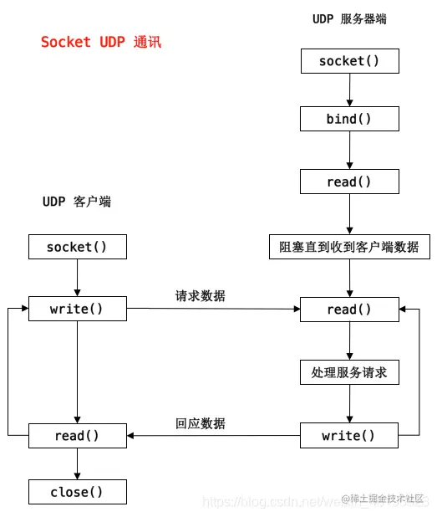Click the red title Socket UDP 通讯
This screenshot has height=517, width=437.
101,42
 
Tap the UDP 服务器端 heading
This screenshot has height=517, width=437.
349,18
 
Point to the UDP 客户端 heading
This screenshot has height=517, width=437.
77,202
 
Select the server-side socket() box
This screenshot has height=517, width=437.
349,61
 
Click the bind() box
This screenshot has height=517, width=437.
349,119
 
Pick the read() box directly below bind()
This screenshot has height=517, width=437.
349,182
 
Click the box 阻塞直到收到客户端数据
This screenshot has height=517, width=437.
349,247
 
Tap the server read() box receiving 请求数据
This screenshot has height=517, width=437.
349,310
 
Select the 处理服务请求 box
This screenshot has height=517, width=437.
349,372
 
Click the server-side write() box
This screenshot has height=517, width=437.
349,436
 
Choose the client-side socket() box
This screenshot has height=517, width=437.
77,247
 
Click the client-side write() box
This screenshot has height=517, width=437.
77,309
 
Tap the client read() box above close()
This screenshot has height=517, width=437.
77,436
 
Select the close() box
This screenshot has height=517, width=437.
77,492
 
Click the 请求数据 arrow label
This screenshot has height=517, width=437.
200,296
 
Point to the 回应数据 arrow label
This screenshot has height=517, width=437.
200,423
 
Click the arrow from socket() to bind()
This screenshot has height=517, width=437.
349,90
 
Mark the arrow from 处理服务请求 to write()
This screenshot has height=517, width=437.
349,404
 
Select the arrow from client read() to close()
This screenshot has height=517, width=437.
77,463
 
